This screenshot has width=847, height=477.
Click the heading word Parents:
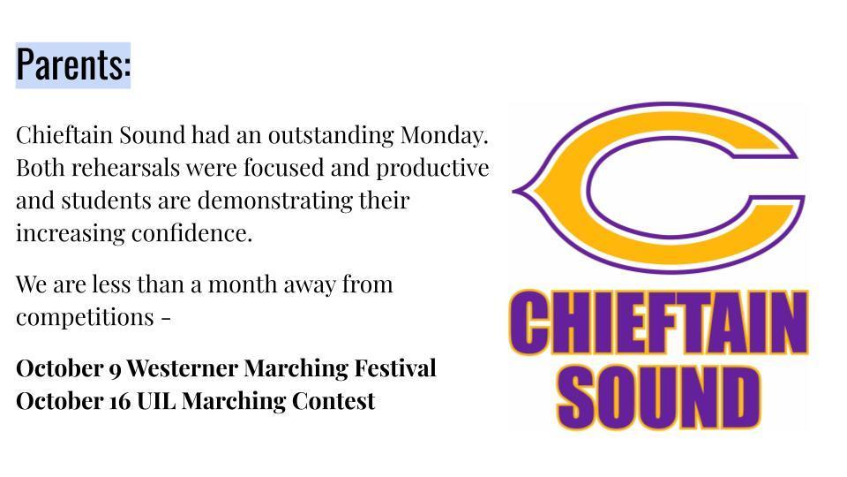[73, 64]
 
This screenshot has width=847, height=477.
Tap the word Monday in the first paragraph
[444, 135]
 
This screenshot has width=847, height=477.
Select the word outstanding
[331, 136]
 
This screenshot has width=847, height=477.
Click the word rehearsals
[125, 168]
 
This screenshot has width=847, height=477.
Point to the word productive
[432, 169]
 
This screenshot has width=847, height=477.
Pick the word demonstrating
[275, 201]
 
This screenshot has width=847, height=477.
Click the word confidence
[191, 233]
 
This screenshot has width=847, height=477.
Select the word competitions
[85, 317]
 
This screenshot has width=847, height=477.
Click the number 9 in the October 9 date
[115, 370]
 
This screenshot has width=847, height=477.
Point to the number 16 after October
[119, 401]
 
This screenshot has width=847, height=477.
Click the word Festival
[395, 368]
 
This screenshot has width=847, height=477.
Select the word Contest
[334, 401]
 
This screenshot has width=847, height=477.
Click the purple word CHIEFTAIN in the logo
[658, 322]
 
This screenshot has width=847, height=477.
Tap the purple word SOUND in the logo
[658, 397]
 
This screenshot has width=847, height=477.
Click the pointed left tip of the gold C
[513, 191]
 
